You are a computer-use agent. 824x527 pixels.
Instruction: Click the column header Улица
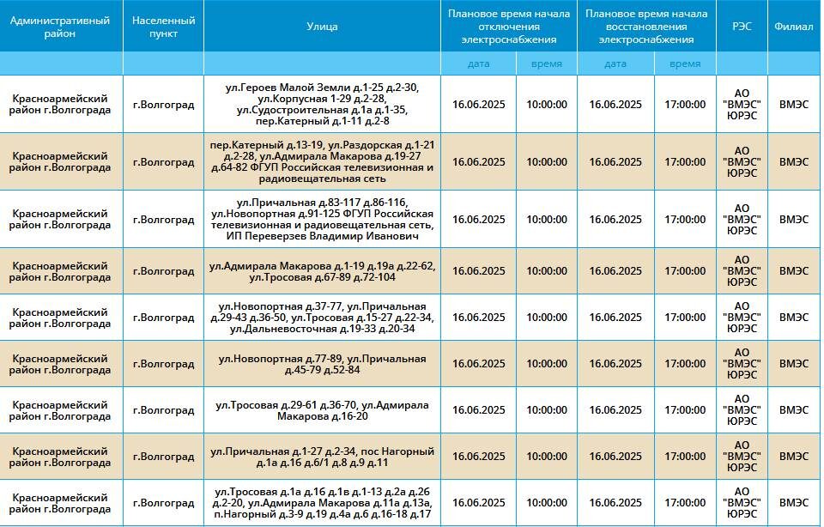322,27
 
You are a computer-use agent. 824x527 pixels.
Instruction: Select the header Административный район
60,27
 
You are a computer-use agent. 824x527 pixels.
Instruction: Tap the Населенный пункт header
163,27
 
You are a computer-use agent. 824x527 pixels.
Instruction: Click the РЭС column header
742,27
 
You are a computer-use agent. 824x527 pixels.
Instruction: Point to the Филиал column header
793,27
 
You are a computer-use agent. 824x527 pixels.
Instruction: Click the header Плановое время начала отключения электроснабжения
509,27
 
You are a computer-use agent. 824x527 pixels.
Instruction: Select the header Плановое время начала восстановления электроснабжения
646,27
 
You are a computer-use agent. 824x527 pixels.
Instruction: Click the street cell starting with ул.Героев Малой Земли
322,104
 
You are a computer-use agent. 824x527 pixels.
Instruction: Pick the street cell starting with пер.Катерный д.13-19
322,161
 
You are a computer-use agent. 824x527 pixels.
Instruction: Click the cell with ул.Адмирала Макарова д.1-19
322,271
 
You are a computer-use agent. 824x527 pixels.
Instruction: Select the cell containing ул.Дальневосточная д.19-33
322,318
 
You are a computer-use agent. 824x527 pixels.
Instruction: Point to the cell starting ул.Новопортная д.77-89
322,364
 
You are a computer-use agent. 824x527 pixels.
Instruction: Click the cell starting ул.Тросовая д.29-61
322,410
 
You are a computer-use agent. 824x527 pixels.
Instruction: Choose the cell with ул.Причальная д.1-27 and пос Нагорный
322,457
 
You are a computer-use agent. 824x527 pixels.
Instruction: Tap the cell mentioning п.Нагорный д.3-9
322,503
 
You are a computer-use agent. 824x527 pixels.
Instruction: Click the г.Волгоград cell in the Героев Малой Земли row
163,105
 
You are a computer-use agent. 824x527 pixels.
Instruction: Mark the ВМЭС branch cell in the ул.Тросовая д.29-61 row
793,410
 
